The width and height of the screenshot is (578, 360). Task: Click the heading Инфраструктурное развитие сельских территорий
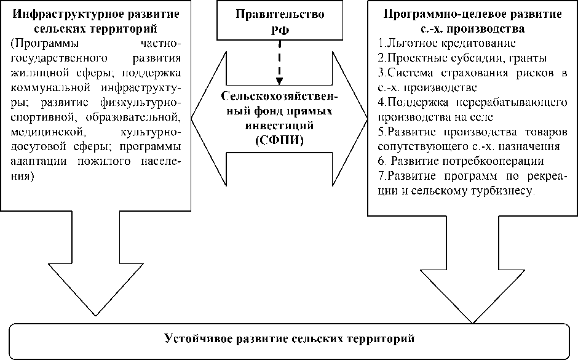click(95, 22)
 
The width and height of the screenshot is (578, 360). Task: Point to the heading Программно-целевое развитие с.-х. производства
click(472, 22)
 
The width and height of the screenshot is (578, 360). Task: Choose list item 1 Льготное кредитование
click(446, 44)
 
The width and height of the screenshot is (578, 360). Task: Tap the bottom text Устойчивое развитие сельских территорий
click(290, 338)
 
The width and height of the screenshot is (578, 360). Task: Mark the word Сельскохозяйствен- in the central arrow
click(280, 99)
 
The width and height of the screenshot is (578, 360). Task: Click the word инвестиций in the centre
click(280, 126)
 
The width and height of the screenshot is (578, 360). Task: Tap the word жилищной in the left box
click(36, 73)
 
